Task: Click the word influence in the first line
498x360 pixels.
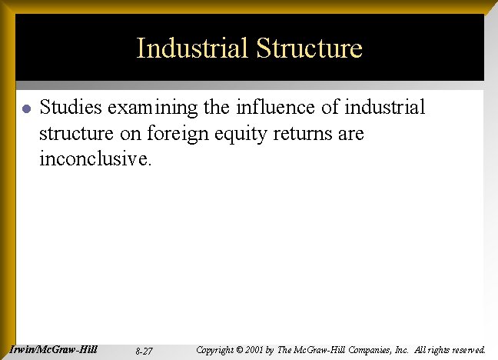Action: pyautogui.click(x=264, y=107)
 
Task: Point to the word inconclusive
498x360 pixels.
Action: pyautogui.click(x=96, y=160)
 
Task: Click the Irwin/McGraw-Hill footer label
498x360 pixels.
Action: pyautogui.click(x=54, y=349)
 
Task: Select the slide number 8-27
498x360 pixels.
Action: pyautogui.click(x=143, y=351)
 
